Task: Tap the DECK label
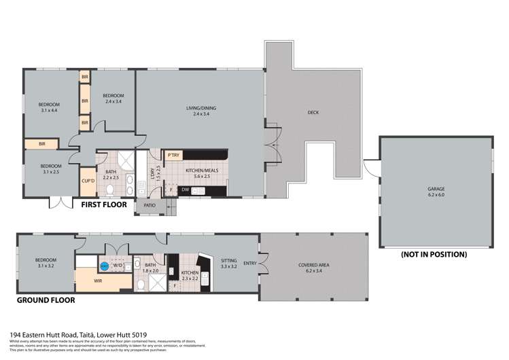[313, 113]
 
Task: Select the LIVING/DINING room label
[200, 111]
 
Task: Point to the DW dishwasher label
[186, 190]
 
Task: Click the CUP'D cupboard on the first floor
[88, 180]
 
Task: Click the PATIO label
[149, 204]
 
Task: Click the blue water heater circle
[104, 268]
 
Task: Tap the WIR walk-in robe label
[98, 280]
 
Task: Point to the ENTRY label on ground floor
[249, 264]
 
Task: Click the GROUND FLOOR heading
[46, 299]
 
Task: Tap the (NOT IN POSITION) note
[434, 254]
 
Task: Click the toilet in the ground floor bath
[140, 285]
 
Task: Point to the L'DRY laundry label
[150, 173]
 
